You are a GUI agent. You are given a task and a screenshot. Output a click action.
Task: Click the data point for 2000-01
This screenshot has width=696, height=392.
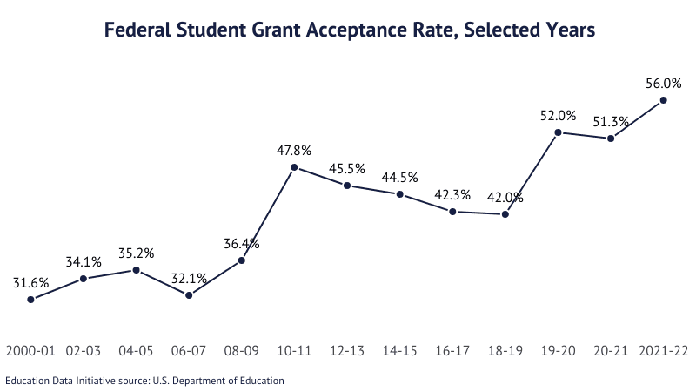(x=30, y=300)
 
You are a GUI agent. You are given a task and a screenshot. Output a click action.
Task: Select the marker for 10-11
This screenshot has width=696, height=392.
(x=294, y=167)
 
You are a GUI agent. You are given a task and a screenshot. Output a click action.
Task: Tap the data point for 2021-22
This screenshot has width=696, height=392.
(x=664, y=100)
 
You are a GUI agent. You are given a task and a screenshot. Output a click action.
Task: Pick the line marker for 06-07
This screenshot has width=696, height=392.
(x=189, y=295)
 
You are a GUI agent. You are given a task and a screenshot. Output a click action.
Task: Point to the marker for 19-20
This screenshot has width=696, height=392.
(x=559, y=132)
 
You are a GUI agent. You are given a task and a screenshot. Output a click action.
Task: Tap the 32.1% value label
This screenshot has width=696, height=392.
(x=189, y=278)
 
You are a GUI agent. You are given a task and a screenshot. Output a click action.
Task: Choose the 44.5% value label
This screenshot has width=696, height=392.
(x=400, y=177)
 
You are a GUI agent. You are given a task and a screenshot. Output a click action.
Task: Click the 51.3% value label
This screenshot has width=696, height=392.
(x=612, y=121)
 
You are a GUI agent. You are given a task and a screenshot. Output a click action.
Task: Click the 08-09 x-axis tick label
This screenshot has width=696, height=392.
(x=242, y=351)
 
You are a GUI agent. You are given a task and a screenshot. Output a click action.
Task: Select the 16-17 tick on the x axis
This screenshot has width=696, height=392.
(x=452, y=351)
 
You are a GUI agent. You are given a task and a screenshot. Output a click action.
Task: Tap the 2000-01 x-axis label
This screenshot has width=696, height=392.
(x=30, y=351)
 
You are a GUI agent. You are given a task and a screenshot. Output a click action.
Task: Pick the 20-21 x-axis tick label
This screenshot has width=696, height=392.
(x=612, y=351)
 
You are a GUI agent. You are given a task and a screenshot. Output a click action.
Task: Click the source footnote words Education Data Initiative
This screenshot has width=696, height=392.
(x=59, y=380)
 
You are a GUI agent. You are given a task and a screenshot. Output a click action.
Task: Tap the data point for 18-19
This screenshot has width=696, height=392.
(x=505, y=213)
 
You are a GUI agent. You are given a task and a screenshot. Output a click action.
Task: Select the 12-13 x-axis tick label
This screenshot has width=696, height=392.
(x=347, y=351)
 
